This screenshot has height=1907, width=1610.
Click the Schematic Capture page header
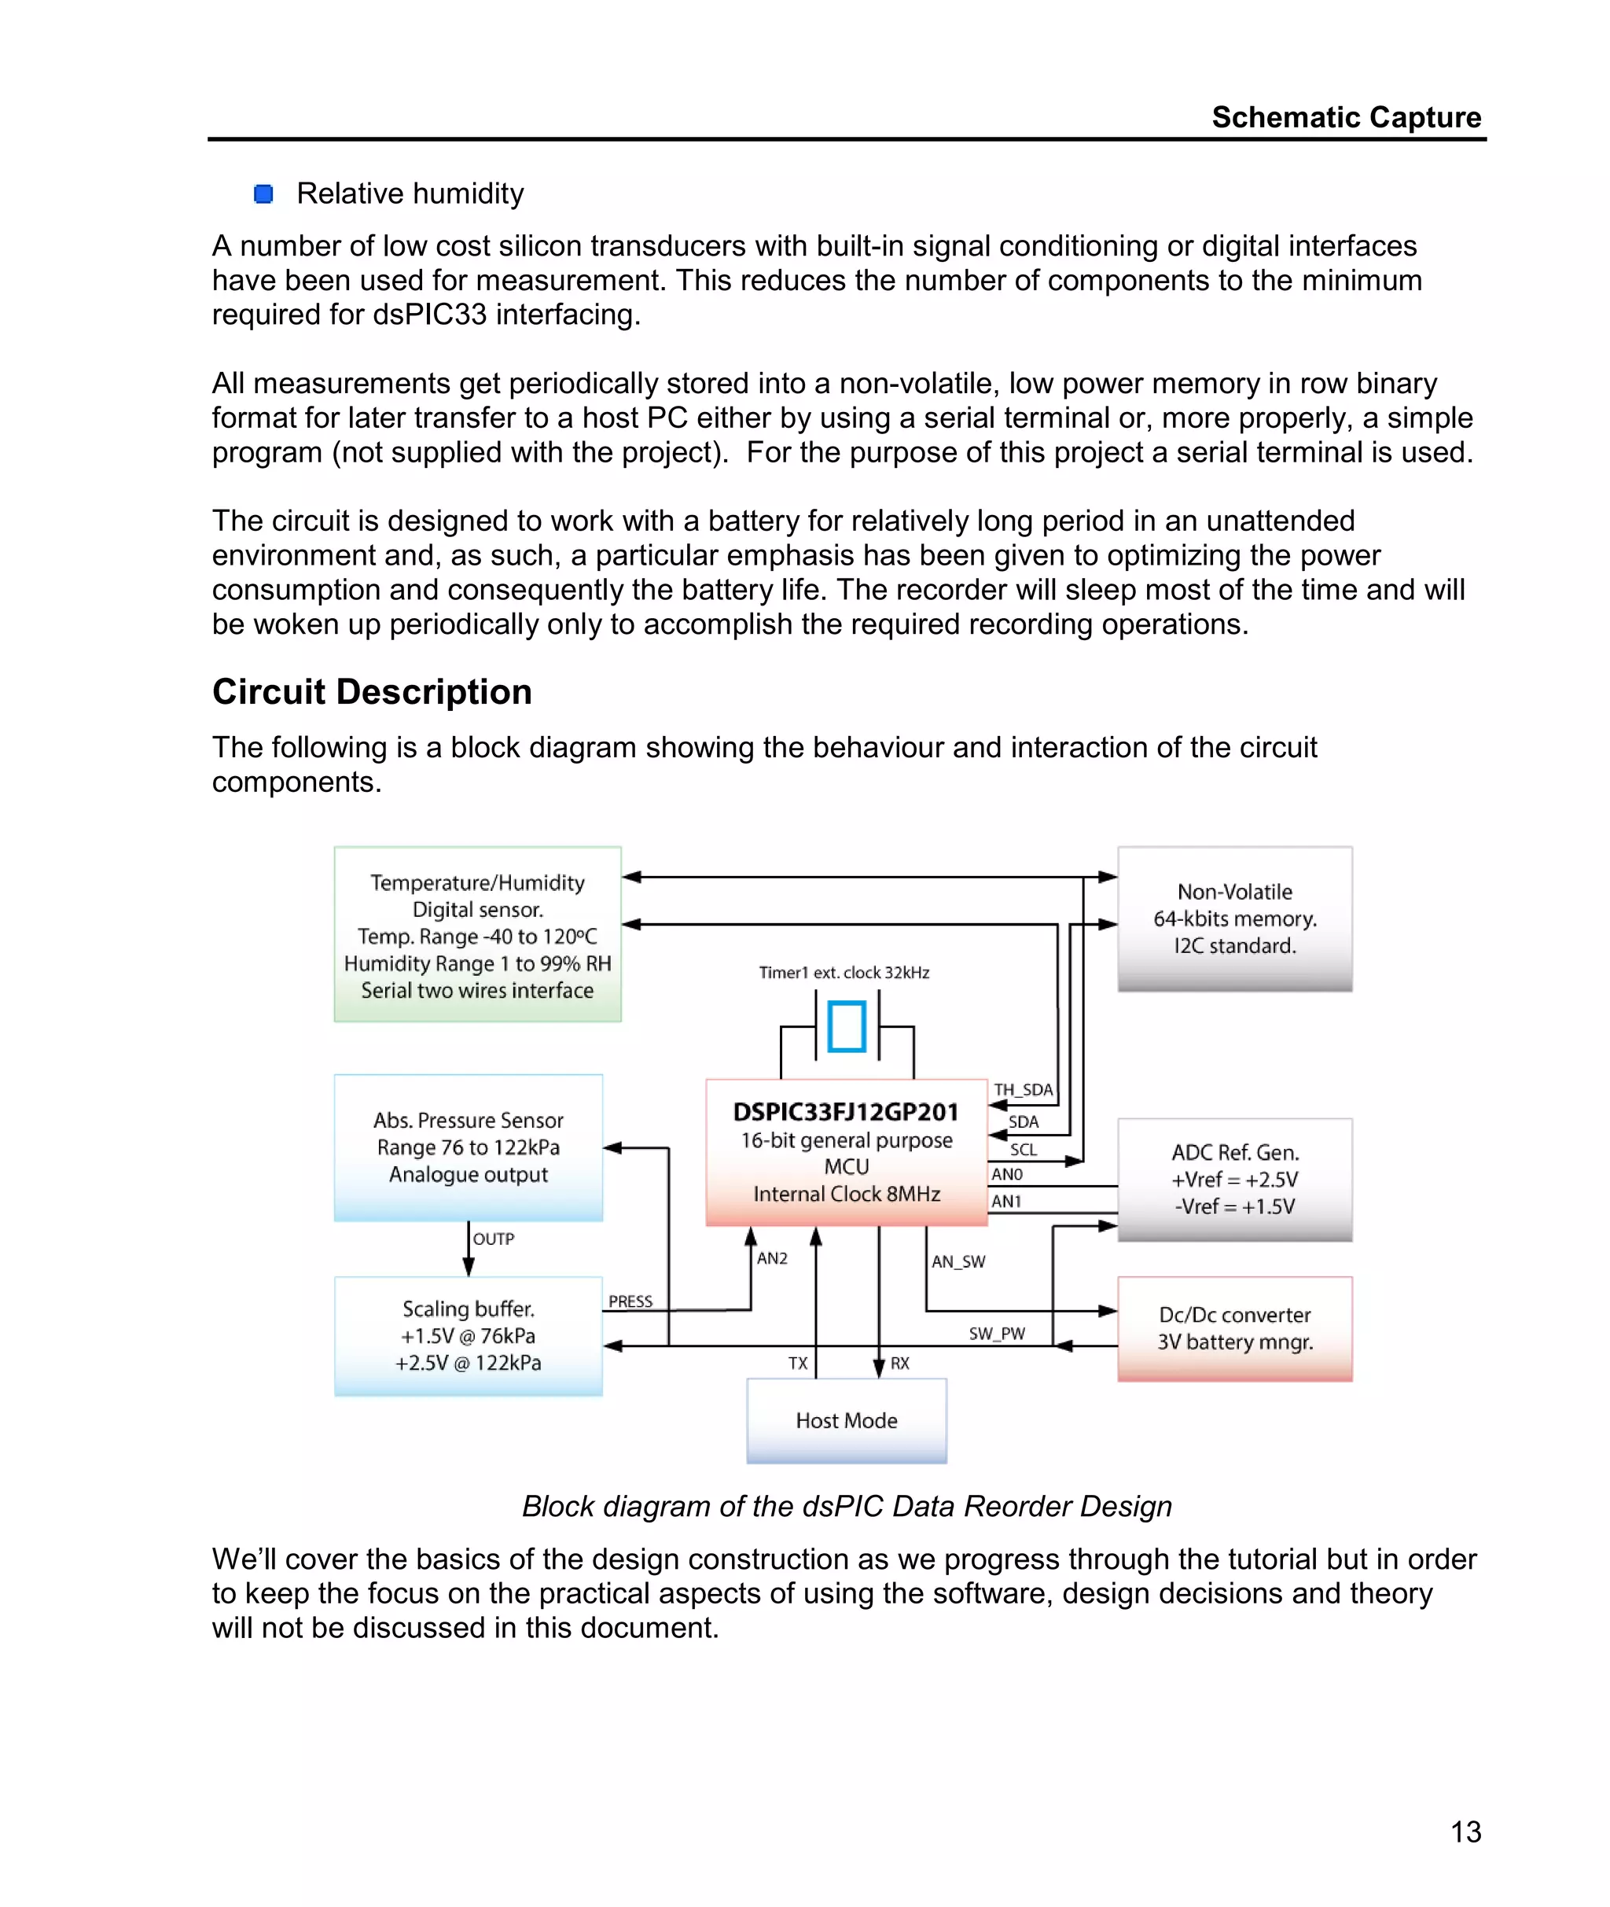[1345, 117]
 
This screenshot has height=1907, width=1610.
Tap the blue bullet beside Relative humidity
[264, 193]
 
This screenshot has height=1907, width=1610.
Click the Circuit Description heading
[372, 692]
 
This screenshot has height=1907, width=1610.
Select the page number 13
[1466, 1832]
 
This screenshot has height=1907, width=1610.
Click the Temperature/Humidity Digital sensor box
[477, 935]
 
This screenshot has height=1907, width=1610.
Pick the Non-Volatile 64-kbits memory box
[1234, 919]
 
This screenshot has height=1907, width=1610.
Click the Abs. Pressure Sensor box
[469, 1147]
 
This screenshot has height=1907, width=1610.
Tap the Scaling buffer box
[469, 1335]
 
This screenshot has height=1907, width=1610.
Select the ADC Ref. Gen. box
[1234, 1180]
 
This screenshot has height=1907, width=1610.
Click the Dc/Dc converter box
[1234, 1328]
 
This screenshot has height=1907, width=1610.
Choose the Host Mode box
[846, 1420]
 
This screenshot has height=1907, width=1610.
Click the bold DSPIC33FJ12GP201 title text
[846, 1112]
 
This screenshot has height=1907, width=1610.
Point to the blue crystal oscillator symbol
[846, 1026]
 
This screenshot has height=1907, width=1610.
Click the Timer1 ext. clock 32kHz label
[844, 973]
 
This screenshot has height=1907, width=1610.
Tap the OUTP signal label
[494, 1239]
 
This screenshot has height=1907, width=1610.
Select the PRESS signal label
[630, 1301]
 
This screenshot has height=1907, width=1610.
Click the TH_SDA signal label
[1023, 1090]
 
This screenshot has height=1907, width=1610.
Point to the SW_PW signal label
[997, 1334]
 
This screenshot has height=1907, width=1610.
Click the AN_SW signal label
[958, 1261]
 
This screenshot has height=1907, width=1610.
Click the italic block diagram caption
[846, 1506]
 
